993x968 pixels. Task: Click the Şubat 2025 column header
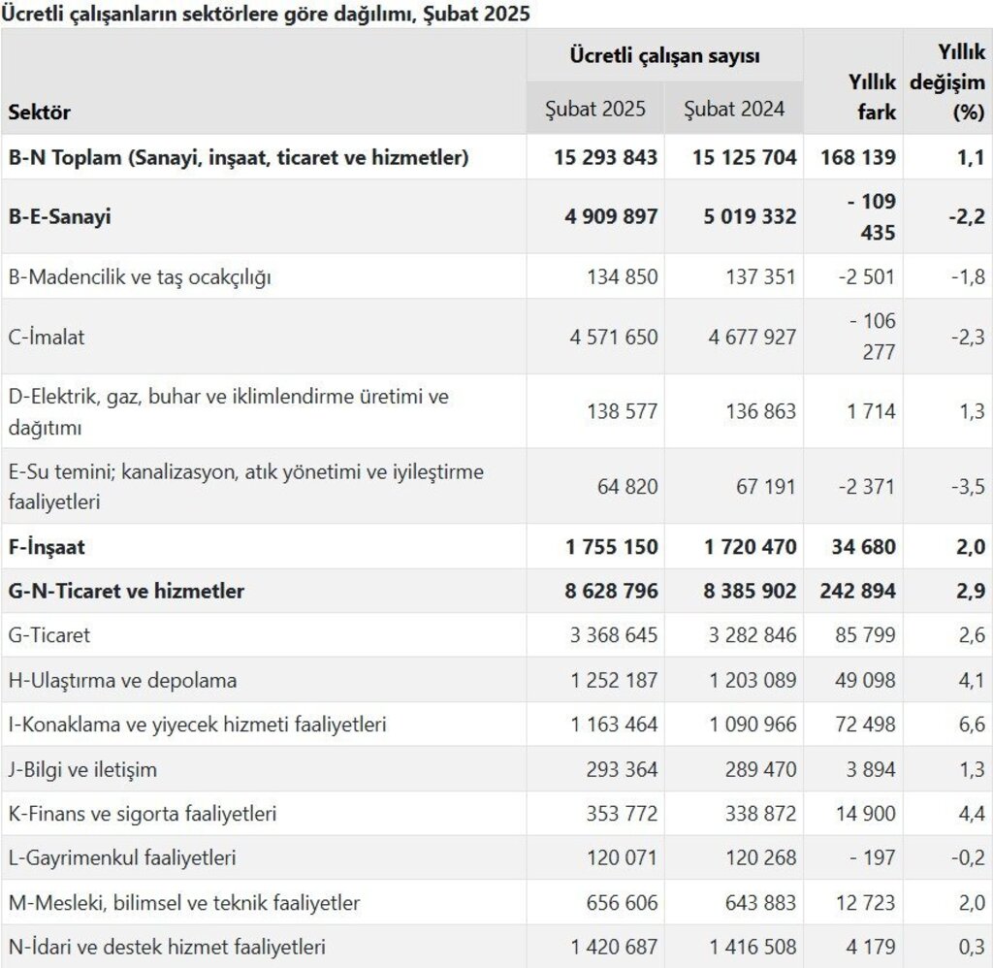[x=595, y=109]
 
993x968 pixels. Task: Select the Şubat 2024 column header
[x=734, y=109]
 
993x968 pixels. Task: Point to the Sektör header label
[x=40, y=112]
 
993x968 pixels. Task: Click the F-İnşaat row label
[x=47, y=547]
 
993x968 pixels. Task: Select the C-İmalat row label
[x=47, y=338]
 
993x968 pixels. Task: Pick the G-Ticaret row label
[x=49, y=636]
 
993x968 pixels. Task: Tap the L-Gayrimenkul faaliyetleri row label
[x=122, y=858]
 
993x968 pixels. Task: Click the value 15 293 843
[x=606, y=157]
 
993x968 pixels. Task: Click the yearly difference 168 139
[x=858, y=157]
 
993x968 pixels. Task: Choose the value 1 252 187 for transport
[x=614, y=681]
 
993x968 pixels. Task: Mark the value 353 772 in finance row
[x=622, y=814]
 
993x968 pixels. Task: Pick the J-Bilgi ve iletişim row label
[x=82, y=770]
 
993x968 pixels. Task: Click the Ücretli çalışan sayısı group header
[x=665, y=56]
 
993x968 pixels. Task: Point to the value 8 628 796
[x=606, y=591]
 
